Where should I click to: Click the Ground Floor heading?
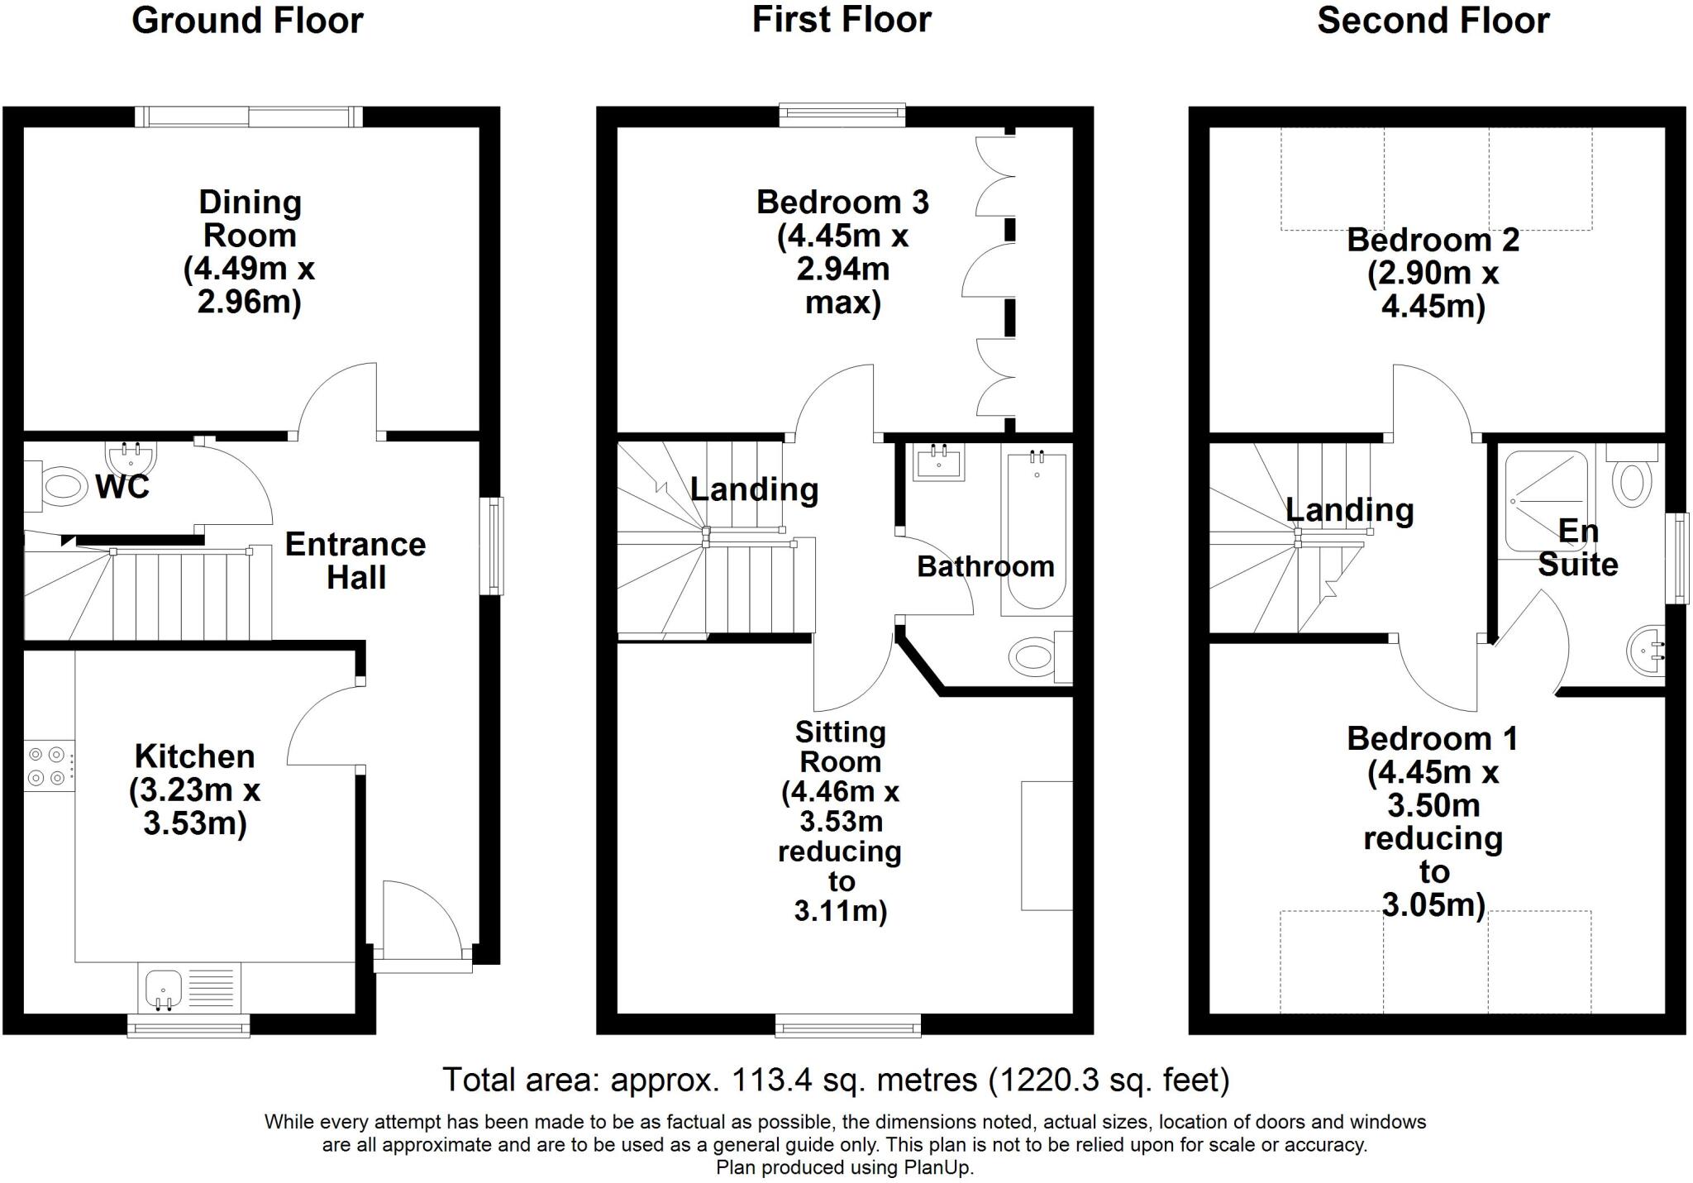click(x=247, y=21)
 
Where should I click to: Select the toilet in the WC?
click(x=63, y=487)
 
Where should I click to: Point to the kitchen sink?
click(x=164, y=989)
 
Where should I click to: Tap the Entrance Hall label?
click(x=355, y=560)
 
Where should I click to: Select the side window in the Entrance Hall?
click(x=494, y=545)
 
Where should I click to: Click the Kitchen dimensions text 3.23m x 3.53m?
click(x=194, y=807)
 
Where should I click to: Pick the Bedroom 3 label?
click(x=842, y=203)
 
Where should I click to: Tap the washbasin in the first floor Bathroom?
click(x=939, y=464)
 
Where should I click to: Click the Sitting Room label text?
click(x=840, y=747)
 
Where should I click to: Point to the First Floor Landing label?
click(x=754, y=489)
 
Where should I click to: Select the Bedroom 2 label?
click(x=1433, y=240)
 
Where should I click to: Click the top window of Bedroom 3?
click(x=842, y=116)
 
